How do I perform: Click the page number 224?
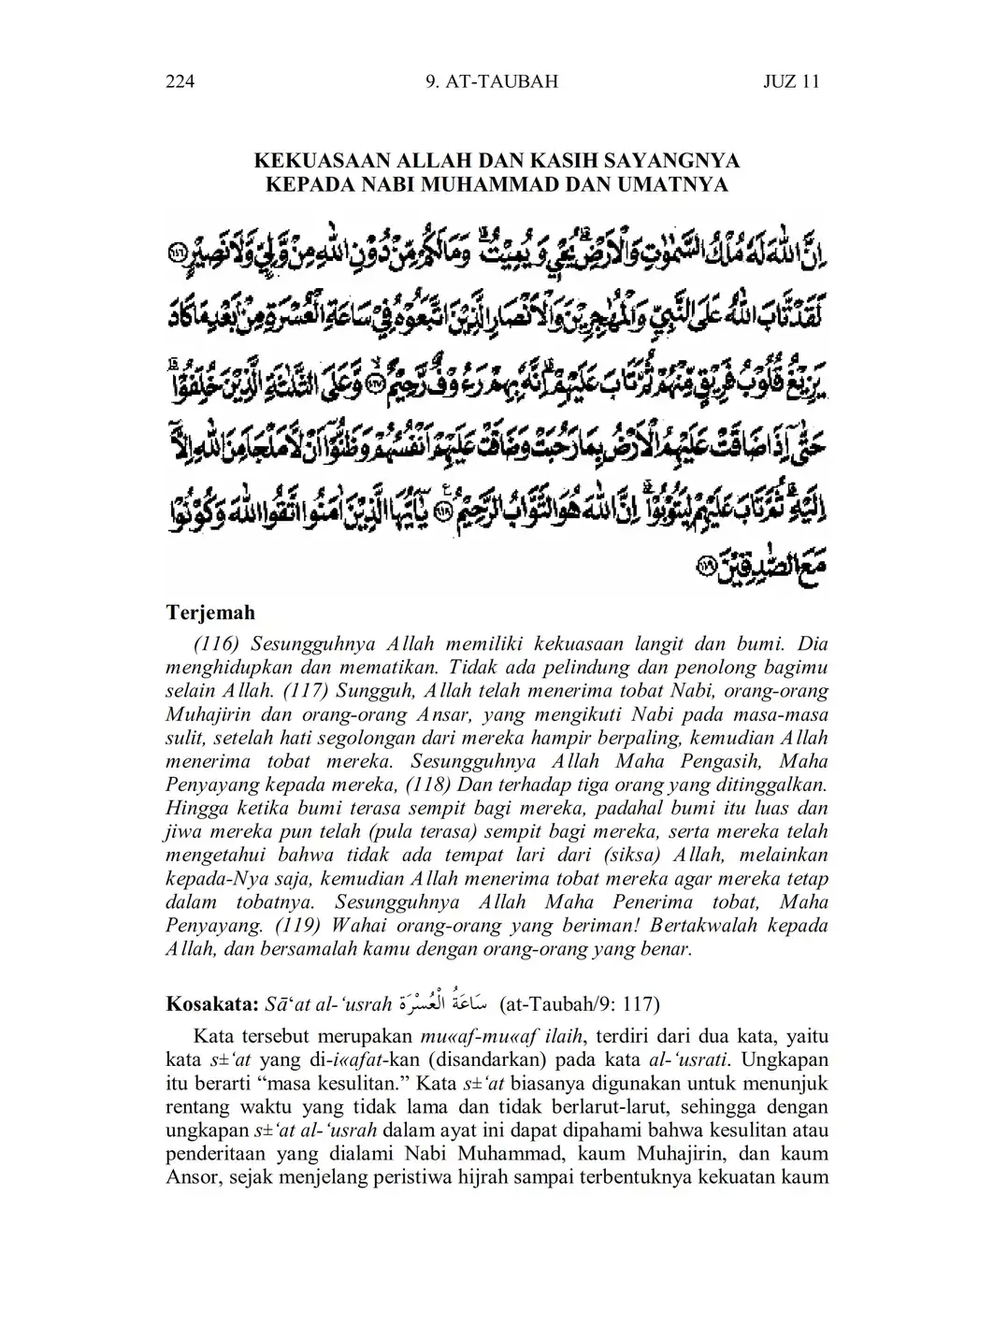(180, 81)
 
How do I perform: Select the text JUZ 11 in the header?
(791, 81)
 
